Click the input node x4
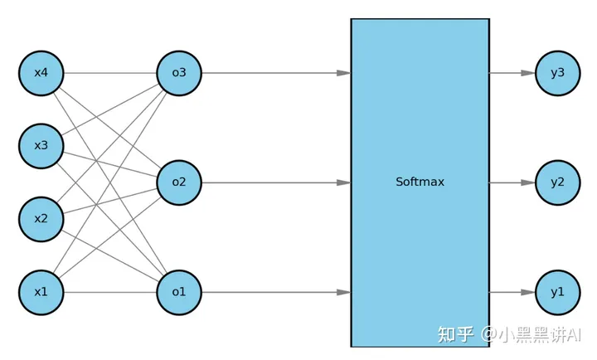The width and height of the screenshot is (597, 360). (x=41, y=73)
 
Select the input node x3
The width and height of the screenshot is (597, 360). (x=41, y=146)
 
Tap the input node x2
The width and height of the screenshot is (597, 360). (x=41, y=219)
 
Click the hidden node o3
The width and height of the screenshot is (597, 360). (x=179, y=73)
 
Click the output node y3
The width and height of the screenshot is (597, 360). (x=557, y=73)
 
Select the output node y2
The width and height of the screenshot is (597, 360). (x=557, y=182)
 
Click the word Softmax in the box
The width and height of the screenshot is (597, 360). (x=420, y=182)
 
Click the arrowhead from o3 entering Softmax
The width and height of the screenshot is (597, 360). (x=343, y=73)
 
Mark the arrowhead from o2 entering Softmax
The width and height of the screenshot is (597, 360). (x=343, y=182)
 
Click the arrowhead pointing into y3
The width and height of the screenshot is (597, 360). (x=527, y=73)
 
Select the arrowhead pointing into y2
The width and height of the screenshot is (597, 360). (x=527, y=182)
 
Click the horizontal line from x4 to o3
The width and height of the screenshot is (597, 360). (x=110, y=73)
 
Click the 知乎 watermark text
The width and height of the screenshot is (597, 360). (x=456, y=334)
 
